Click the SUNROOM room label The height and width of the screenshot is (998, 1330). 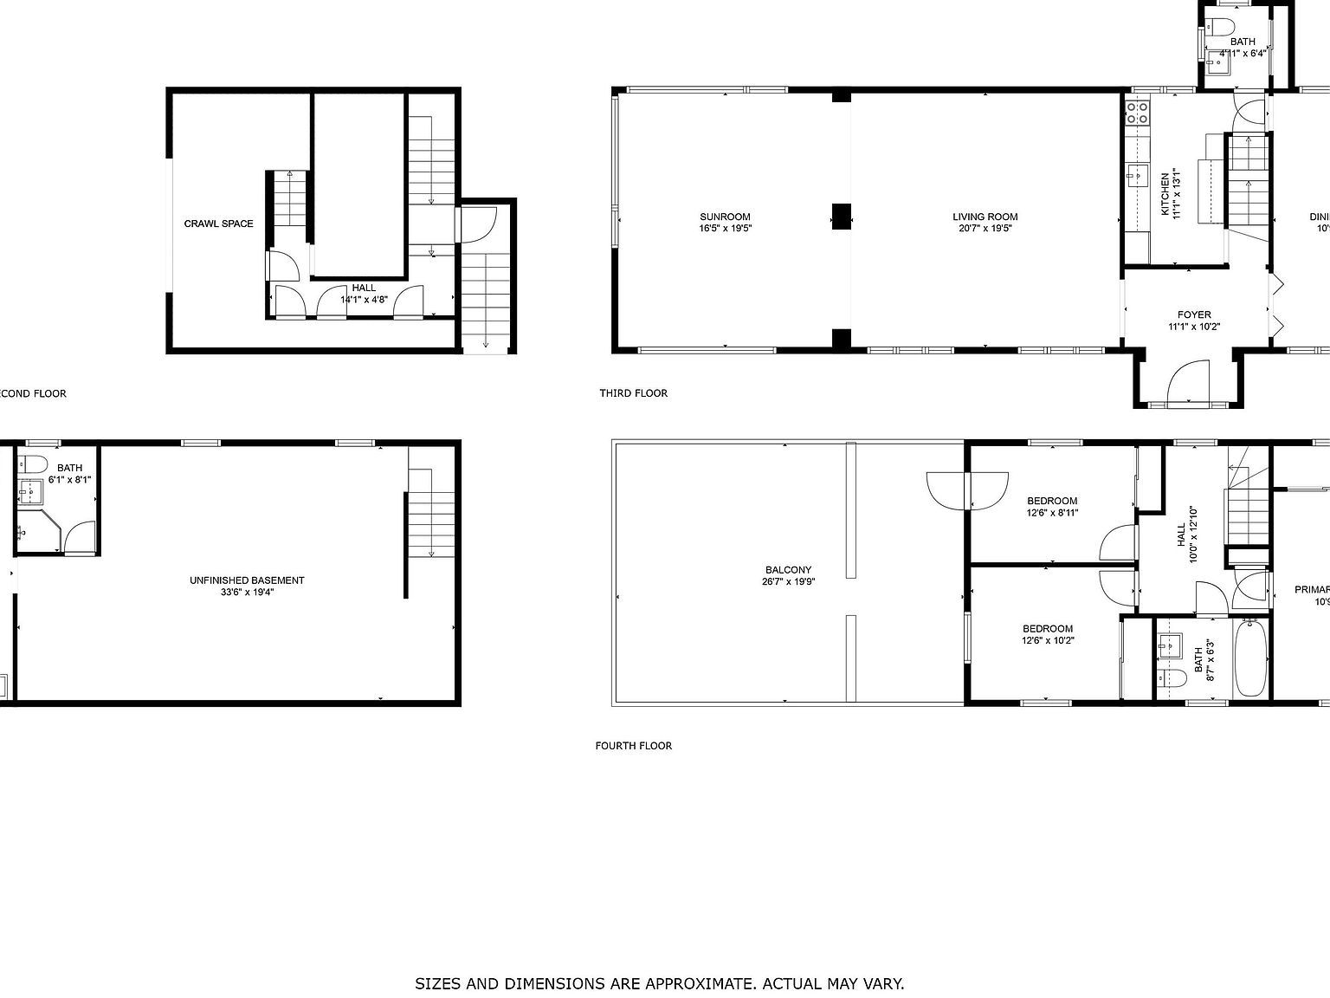point(725,217)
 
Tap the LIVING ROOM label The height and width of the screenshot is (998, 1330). point(985,217)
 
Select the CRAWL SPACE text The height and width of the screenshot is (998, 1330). point(218,224)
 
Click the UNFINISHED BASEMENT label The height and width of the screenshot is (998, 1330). point(247,580)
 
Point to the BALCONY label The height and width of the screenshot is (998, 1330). point(788,570)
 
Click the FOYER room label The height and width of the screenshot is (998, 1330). point(1194,314)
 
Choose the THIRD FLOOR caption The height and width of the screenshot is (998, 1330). point(633,393)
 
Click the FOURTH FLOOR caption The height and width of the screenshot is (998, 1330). point(633,746)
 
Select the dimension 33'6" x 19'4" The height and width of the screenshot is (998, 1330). point(247,593)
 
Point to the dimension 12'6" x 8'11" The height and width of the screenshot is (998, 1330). point(1052,513)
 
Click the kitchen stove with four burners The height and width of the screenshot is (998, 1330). point(1137,112)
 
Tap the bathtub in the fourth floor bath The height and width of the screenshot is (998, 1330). point(1250,656)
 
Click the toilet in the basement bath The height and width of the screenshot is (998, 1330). point(35,461)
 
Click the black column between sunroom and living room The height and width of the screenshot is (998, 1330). point(841,216)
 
